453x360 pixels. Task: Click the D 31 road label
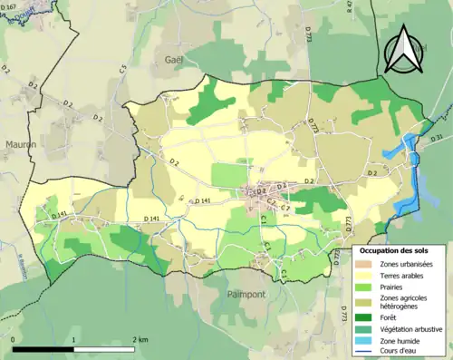[x=436, y=138]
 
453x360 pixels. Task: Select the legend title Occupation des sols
[x=396, y=250]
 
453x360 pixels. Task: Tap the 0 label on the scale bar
[x=14, y=339]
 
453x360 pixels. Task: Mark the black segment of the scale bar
[x=43, y=349]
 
